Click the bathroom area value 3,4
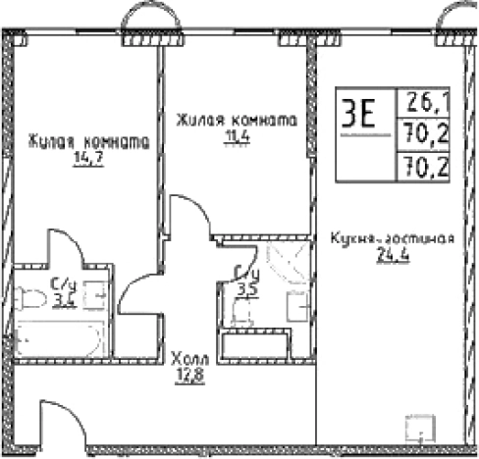coord(64,299)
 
